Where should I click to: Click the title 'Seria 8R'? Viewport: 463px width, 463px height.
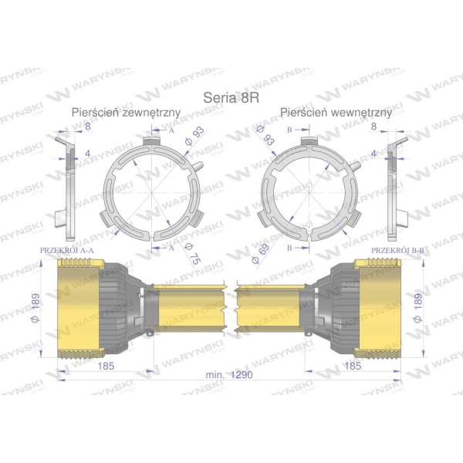tap(231, 98)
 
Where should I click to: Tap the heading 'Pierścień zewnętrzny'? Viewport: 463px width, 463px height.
tap(126, 113)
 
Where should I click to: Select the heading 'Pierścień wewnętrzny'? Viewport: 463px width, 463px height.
tap(336, 113)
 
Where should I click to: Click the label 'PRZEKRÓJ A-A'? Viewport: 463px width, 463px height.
tap(66, 250)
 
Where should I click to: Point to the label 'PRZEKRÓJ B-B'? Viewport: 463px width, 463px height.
tap(397, 250)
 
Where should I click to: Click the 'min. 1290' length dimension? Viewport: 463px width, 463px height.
tap(229, 375)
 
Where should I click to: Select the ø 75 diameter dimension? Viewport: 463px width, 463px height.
tap(192, 254)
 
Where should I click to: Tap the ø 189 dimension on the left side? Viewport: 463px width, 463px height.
tap(35, 308)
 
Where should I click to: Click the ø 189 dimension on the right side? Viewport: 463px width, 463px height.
tap(418, 308)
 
